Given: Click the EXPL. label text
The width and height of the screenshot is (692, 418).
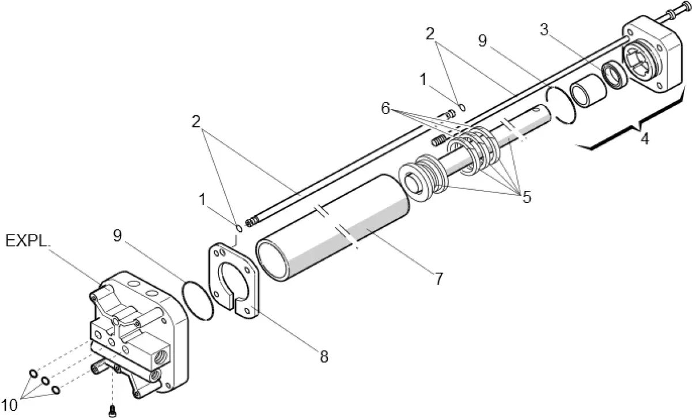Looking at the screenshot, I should tap(27, 241).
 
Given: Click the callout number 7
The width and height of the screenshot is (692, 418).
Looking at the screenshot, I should tap(438, 279).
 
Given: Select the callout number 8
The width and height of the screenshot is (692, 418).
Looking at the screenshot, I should tap(323, 357).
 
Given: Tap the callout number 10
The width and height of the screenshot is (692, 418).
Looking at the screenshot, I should tap(10, 406).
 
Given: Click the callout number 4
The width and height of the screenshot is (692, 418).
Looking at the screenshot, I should tap(645, 140).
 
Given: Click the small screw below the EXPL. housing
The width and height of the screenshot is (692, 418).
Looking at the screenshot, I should tap(113, 411).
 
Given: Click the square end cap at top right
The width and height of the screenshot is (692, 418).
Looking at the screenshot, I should tap(654, 58).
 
